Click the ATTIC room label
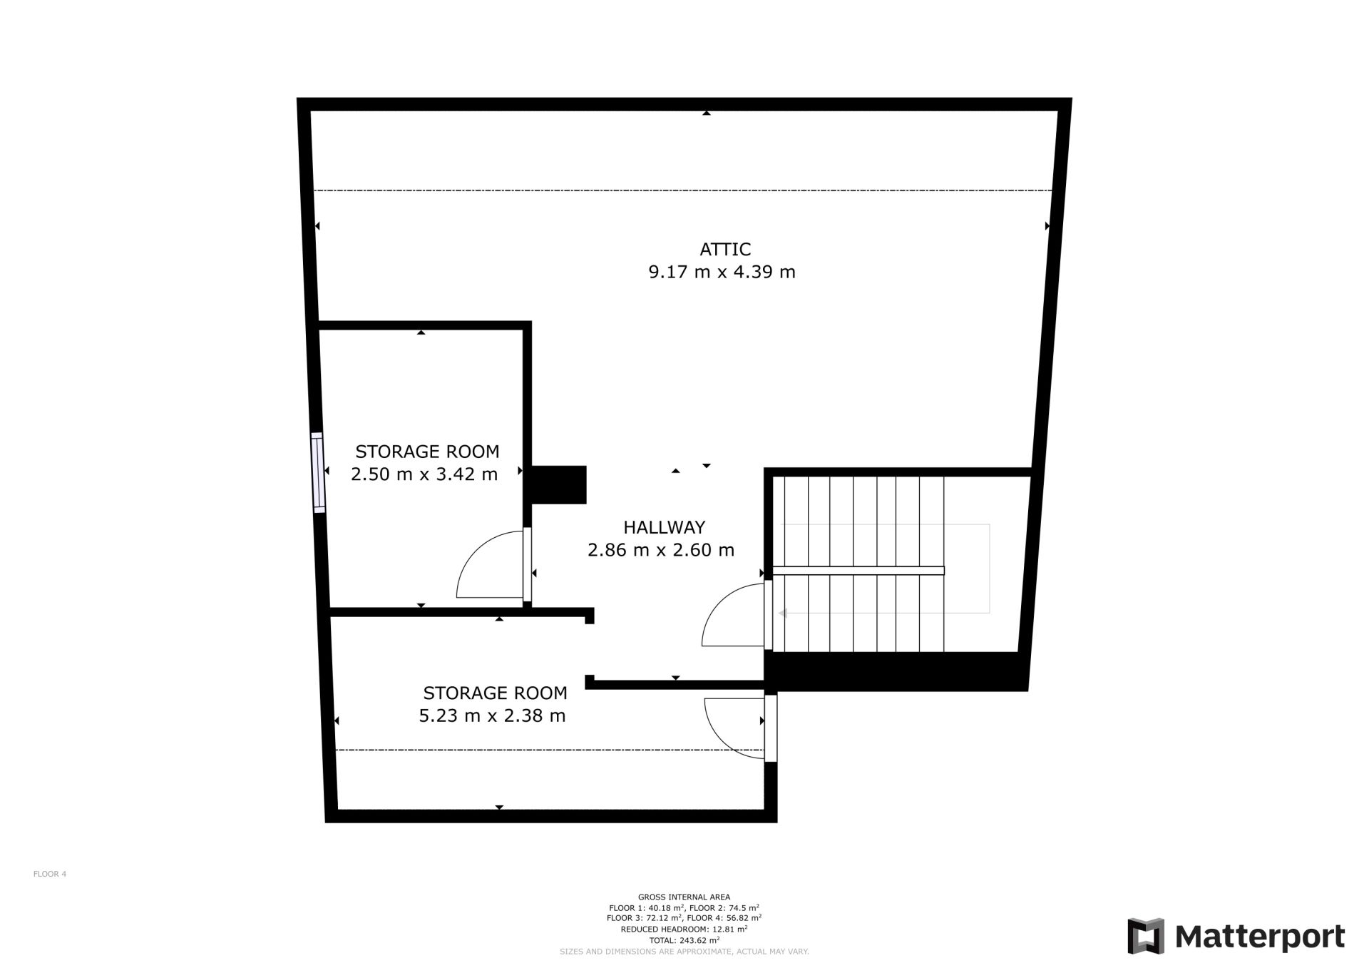click(725, 249)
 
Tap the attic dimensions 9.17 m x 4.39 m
click(722, 272)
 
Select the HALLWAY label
click(664, 527)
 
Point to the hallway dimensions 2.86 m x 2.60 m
click(661, 550)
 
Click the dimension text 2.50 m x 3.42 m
click(424, 474)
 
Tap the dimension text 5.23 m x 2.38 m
click(492, 715)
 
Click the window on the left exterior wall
click(318, 472)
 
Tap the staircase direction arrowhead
click(782, 613)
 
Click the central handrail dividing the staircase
click(858, 571)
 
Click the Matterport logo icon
click(1145, 936)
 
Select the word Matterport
click(1260, 937)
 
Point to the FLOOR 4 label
click(50, 874)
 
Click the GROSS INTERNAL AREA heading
click(684, 897)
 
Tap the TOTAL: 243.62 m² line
click(684, 940)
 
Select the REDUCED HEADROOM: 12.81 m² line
click(684, 929)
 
